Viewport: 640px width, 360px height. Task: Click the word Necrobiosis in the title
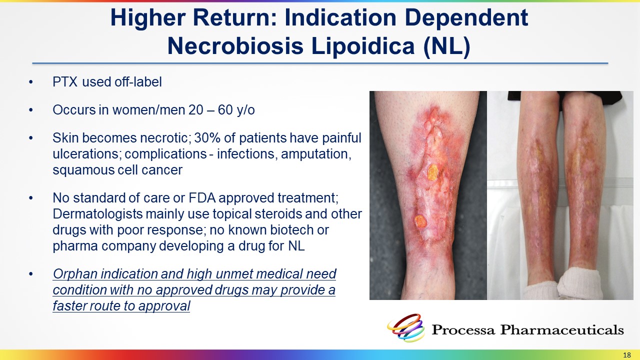235,46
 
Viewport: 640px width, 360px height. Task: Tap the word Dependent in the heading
466,18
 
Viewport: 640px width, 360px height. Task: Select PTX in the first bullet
65,82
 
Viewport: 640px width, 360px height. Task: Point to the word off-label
138,82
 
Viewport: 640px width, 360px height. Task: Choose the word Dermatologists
97,214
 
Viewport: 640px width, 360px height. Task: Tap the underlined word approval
164,306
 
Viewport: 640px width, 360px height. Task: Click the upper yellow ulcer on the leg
432,172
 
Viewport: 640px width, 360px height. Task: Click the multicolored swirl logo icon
406,327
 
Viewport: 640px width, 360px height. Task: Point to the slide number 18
626,355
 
